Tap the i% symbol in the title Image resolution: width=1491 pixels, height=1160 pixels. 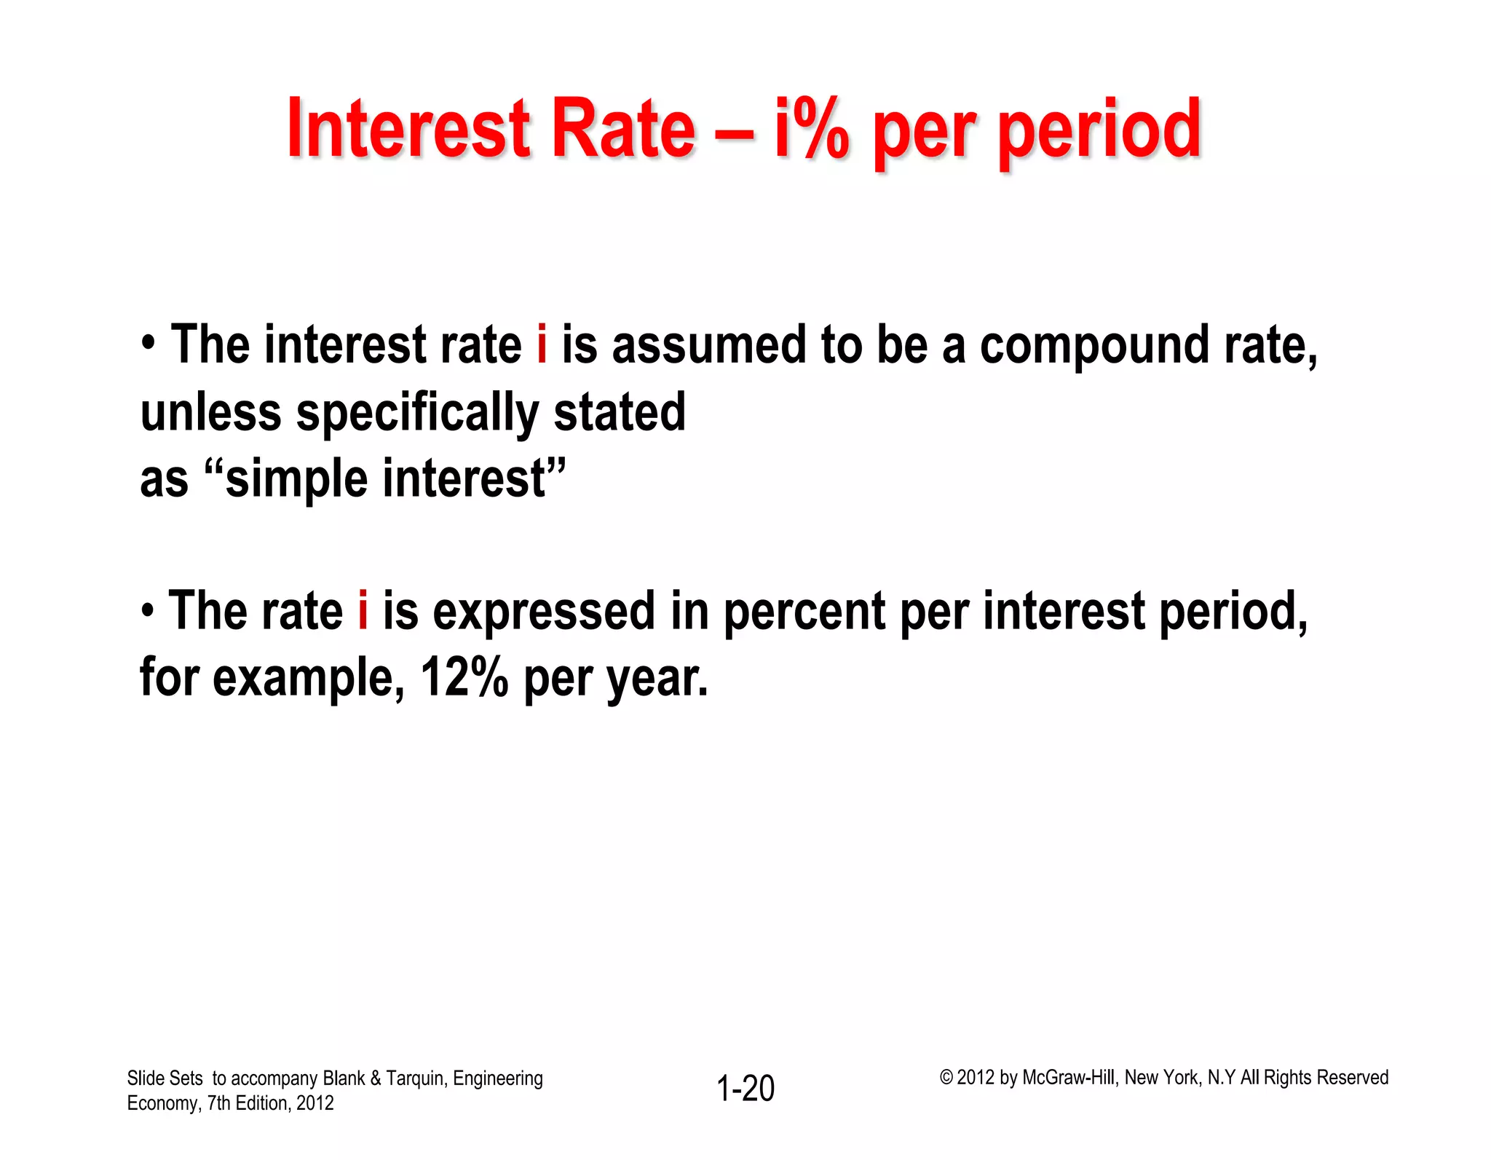pos(812,129)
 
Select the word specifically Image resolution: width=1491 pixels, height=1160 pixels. pos(417,414)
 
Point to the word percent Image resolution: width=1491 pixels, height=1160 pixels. pos(804,612)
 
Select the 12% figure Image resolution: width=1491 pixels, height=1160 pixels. pos(464,677)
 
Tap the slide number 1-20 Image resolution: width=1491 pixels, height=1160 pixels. pos(745,1089)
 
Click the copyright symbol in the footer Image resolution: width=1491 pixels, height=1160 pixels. pos(946,1078)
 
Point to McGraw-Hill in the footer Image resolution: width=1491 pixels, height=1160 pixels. pos(1068,1078)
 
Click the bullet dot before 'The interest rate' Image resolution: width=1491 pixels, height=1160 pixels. pos(149,343)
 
